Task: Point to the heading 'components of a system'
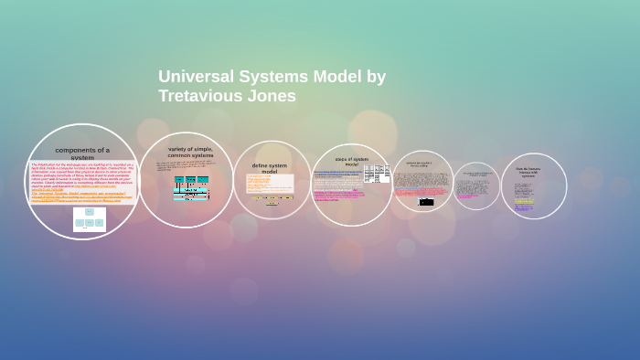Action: [82, 154]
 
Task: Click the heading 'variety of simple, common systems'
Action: [190, 152]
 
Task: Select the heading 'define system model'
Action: [270, 168]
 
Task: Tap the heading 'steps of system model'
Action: [351, 161]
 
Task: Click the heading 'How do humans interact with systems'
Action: [528, 171]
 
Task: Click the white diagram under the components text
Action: [90, 219]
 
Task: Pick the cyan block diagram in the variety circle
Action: [191, 187]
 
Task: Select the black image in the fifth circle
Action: [426, 201]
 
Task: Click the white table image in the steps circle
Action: [377, 174]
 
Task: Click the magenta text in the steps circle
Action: [338, 195]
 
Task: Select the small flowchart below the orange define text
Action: [272, 199]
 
